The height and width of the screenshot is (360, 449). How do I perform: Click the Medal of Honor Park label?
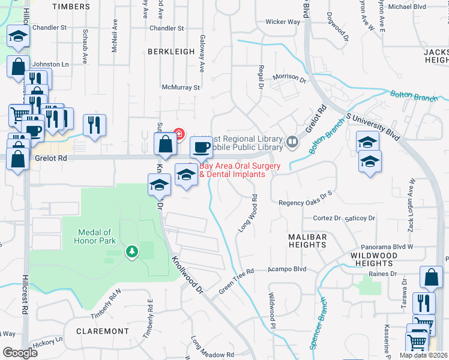(x=95, y=236)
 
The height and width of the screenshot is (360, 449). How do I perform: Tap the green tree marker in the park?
(x=131, y=251)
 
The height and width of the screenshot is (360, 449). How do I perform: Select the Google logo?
(x=20, y=353)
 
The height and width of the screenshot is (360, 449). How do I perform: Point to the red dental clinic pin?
(x=179, y=133)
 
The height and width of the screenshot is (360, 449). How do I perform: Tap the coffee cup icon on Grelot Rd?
(x=202, y=148)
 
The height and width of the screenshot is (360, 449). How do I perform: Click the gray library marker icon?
(x=292, y=142)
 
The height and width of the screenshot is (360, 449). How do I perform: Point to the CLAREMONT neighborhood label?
(x=103, y=331)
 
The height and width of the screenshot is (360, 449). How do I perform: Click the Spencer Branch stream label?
(x=317, y=323)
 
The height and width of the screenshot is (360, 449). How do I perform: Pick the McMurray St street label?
(x=179, y=88)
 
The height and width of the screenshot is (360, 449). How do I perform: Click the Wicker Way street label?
(x=283, y=22)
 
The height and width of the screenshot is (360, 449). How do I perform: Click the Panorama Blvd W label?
(x=387, y=247)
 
